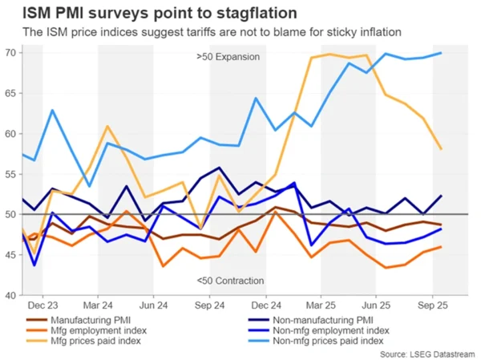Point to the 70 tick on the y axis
[12, 53]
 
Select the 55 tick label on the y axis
[12, 174]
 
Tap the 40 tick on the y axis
[12, 295]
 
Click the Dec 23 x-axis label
[41, 307]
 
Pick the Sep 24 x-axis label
[208, 307]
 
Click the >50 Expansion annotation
[228, 58]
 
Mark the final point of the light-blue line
[442, 54]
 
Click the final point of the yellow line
[442, 149]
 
